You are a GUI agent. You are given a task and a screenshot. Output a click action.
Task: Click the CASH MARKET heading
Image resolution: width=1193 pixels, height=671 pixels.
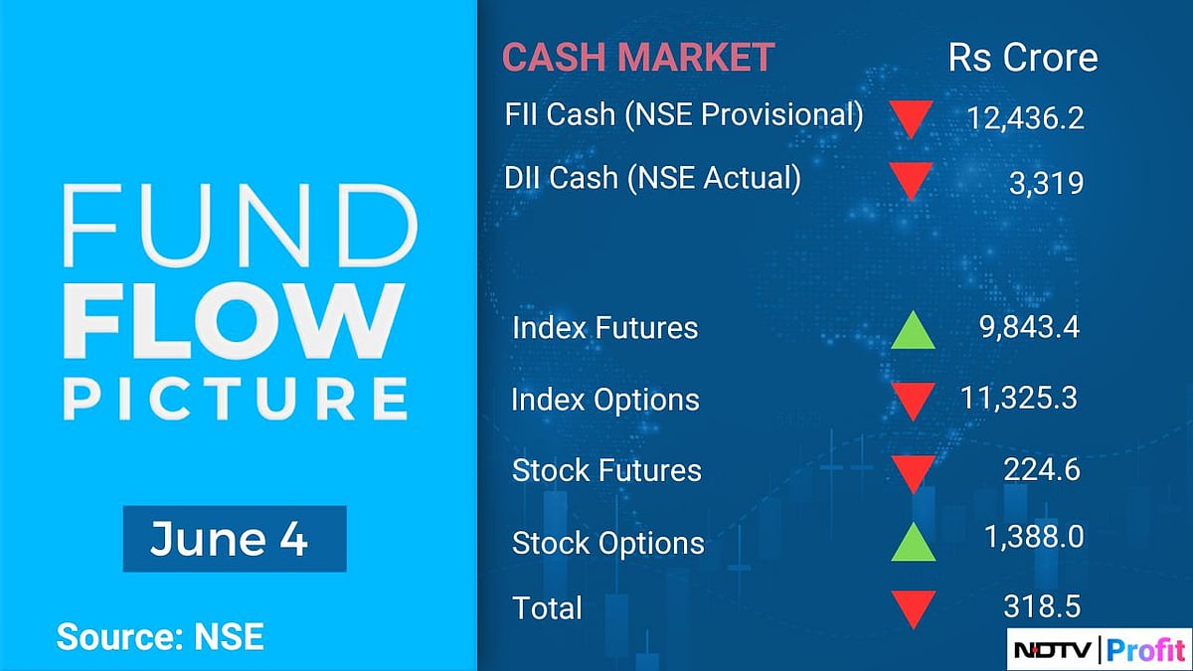[637, 58]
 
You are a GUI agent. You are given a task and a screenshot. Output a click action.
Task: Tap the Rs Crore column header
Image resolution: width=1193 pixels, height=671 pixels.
[1023, 58]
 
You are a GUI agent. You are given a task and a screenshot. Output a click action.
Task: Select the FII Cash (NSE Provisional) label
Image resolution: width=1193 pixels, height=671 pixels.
[684, 114]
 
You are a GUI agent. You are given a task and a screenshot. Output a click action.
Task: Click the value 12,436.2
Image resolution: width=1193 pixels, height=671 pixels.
[1025, 119]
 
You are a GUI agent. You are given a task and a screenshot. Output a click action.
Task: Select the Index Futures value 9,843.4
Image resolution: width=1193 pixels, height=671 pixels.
[1028, 327]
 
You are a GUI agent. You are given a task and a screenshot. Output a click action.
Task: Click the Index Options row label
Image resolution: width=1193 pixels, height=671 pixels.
[605, 400]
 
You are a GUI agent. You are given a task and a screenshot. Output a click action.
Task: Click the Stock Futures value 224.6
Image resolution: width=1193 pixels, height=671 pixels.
[1043, 470]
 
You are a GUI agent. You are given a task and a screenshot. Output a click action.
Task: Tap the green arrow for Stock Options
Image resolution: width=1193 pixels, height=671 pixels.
[912, 542]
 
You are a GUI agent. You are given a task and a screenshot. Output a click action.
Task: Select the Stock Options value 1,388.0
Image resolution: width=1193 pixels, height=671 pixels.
[1033, 538]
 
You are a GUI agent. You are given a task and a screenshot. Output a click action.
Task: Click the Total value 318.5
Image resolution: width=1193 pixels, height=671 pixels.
[1042, 605]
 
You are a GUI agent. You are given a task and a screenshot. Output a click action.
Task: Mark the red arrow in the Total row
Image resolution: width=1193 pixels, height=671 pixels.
[912, 608]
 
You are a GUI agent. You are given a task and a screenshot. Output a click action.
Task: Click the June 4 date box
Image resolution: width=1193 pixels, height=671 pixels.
[235, 539]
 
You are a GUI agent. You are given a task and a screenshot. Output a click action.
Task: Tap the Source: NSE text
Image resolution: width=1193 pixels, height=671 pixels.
[160, 636]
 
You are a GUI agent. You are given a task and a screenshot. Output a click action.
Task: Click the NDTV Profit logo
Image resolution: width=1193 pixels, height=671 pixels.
[1098, 650]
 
